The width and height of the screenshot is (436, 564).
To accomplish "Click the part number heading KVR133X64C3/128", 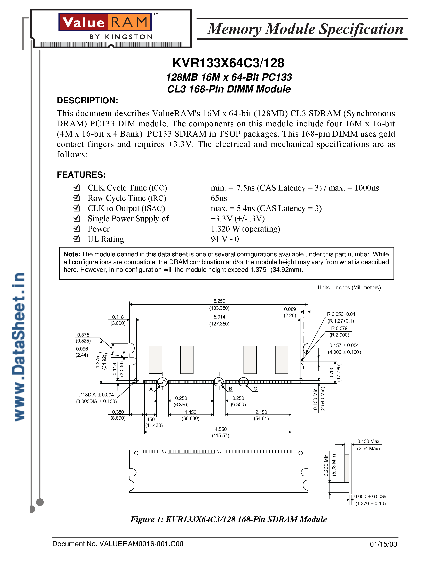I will (x=228, y=63).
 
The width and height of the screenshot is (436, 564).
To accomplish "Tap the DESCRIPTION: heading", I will (x=87, y=100).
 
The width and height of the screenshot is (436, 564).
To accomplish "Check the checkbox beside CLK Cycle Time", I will (x=77, y=187).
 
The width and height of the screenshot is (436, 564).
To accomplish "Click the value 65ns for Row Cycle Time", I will (x=219, y=198).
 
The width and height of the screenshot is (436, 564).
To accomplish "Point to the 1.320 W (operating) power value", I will (x=245, y=229).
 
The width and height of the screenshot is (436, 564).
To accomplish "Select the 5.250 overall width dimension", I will (x=219, y=301).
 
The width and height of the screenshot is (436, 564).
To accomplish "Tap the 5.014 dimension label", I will (x=219, y=317).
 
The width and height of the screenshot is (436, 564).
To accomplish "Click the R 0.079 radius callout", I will (x=339, y=328).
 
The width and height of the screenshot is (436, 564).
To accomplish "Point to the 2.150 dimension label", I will (x=261, y=412).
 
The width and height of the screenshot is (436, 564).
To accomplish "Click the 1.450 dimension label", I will (x=190, y=412).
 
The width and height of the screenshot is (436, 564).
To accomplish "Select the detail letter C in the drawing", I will (x=255, y=389).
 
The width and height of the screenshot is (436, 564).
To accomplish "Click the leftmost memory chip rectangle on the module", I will (x=156, y=360).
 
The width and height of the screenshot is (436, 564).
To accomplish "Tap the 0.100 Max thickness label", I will (x=368, y=441).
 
